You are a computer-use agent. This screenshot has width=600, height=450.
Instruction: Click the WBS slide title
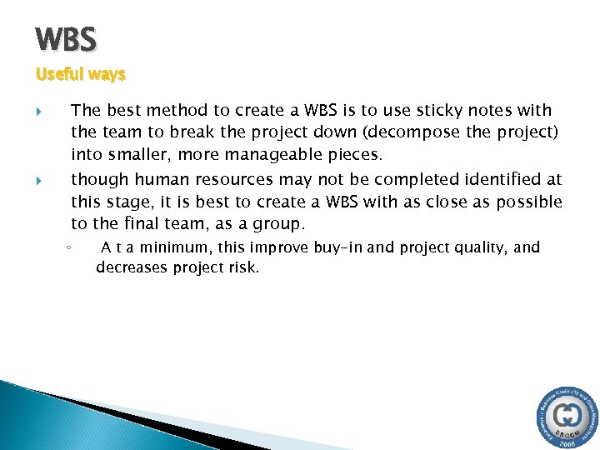point(66,38)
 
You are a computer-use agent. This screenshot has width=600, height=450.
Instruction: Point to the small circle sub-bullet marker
point(72,248)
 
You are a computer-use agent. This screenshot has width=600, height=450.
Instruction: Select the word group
point(280,223)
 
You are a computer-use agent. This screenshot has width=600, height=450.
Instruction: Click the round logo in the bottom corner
point(566,417)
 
